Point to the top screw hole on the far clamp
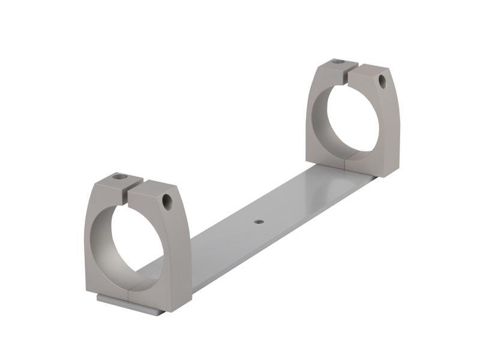click(x=338, y=61)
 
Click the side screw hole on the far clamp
click(x=382, y=81)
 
